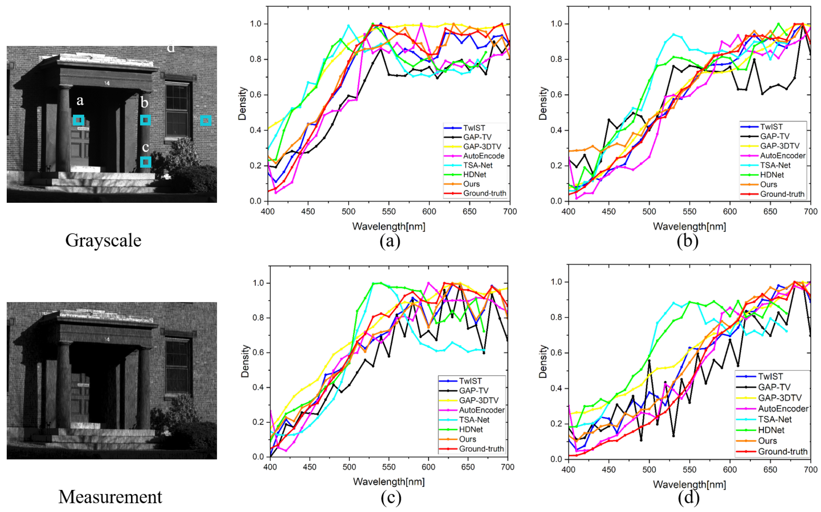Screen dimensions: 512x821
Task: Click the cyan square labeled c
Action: click(146, 162)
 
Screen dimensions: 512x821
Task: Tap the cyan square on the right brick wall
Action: click(206, 120)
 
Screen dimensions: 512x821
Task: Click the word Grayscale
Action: click(103, 240)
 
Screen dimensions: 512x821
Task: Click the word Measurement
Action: click(110, 497)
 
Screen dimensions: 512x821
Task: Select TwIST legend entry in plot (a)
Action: click(474, 128)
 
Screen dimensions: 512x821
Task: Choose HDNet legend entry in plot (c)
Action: click(471, 429)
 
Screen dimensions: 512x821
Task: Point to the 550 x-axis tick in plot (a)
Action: click(389, 212)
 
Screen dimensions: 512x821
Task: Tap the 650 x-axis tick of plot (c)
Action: click(468, 467)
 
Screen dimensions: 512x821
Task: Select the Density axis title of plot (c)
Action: click(245, 361)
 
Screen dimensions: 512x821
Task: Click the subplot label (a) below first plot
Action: click(390, 241)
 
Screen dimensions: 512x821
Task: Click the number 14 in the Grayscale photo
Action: click(107, 83)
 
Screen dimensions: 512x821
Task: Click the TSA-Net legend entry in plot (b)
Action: click(775, 165)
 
